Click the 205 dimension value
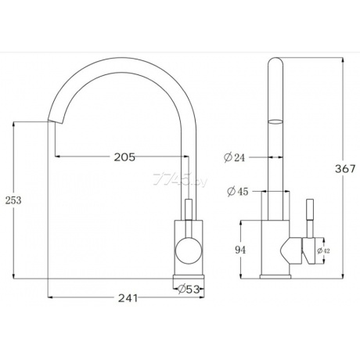(x=123, y=157)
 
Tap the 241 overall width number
(x=130, y=297)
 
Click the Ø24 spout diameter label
(x=235, y=157)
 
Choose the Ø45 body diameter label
(x=235, y=190)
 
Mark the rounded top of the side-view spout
(x=275, y=64)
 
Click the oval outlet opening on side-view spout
(x=275, y=121)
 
